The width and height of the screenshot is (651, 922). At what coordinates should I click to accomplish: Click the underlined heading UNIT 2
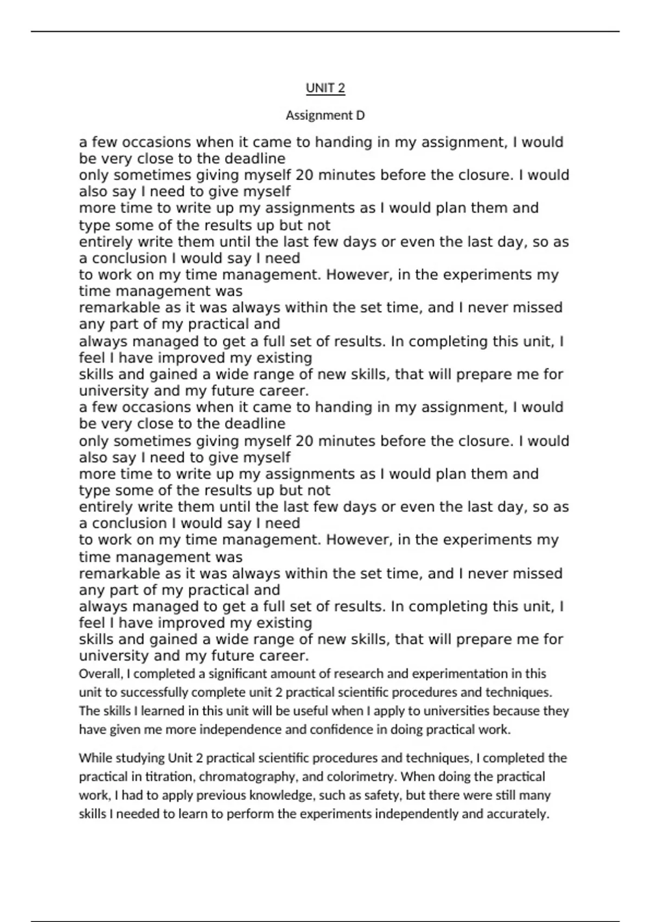coord(325,88)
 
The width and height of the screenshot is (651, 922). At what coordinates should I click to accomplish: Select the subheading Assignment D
coord(325,115)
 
